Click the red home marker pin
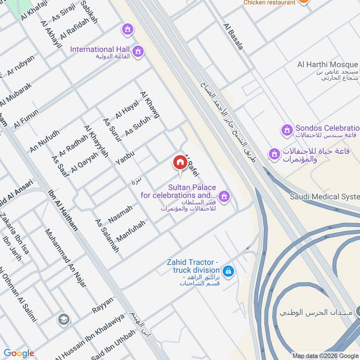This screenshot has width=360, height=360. click(180, 163)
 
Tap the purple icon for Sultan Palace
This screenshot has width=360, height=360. click(225, 196)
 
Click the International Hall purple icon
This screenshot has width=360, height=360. click(139, 50)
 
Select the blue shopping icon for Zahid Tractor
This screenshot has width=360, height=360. click(229, 270)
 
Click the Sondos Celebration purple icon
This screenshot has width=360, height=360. click(286, 130)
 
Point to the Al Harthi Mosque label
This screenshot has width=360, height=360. click(327, 64)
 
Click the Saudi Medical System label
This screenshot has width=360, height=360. click(324, 197)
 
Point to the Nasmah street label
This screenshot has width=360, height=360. click(121, 215)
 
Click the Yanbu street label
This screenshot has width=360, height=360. click(125, 156)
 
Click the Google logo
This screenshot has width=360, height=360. click(19, 353)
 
